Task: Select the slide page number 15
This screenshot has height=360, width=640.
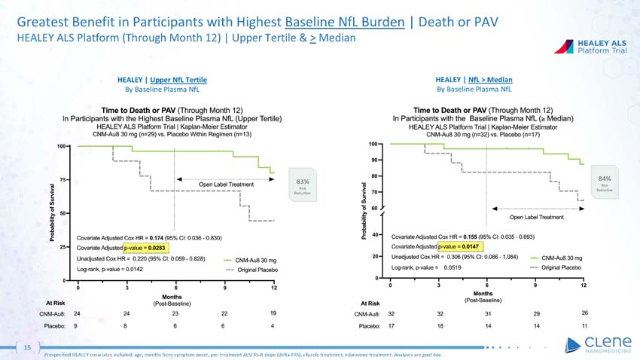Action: [x=26, y=347]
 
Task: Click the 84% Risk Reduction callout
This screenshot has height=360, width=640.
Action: [x=604, y=181]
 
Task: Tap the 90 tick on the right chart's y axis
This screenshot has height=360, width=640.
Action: [x=373, y=160]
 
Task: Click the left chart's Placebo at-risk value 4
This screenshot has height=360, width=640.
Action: [x=273, y=326]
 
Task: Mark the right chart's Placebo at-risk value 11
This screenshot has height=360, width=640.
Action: [x=584, y=326]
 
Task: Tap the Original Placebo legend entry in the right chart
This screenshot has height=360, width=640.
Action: [x=562, y=267]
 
